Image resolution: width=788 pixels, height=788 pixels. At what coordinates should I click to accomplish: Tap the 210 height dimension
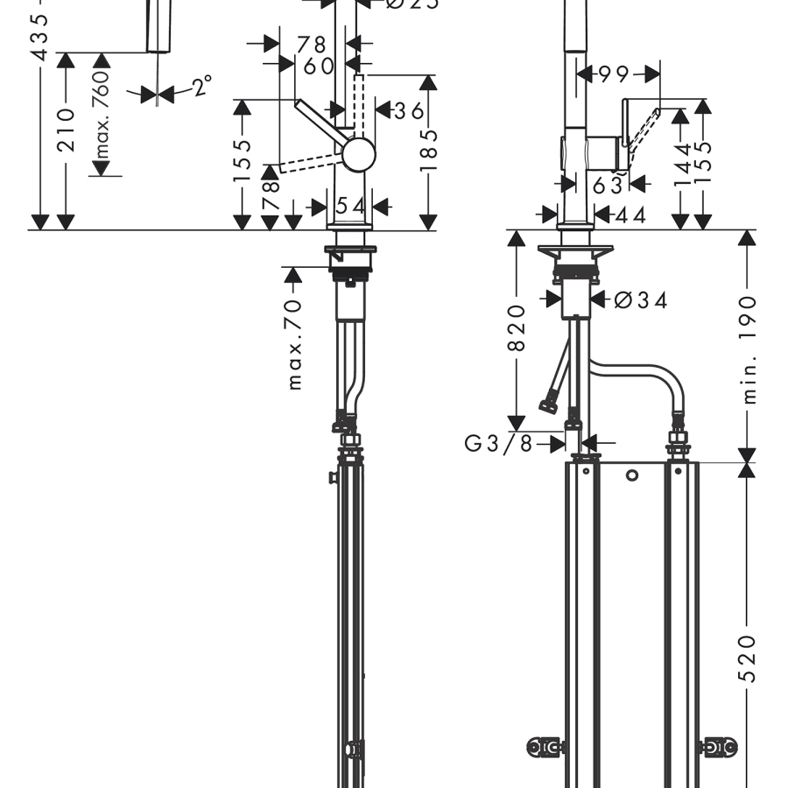point(67,130)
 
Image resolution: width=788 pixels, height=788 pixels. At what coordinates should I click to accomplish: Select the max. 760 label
point(102,114)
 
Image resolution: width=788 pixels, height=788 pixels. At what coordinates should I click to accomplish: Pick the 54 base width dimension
point(351,207)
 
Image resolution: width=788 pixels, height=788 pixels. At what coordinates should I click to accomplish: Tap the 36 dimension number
point(408,110)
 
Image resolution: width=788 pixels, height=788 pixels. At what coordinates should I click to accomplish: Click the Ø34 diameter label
point(640,300)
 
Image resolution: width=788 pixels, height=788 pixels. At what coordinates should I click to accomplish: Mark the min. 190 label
point(748,348)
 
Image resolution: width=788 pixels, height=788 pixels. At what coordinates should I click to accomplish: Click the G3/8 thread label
point(497,443)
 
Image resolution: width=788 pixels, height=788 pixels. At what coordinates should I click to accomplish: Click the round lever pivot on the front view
point(359,155)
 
